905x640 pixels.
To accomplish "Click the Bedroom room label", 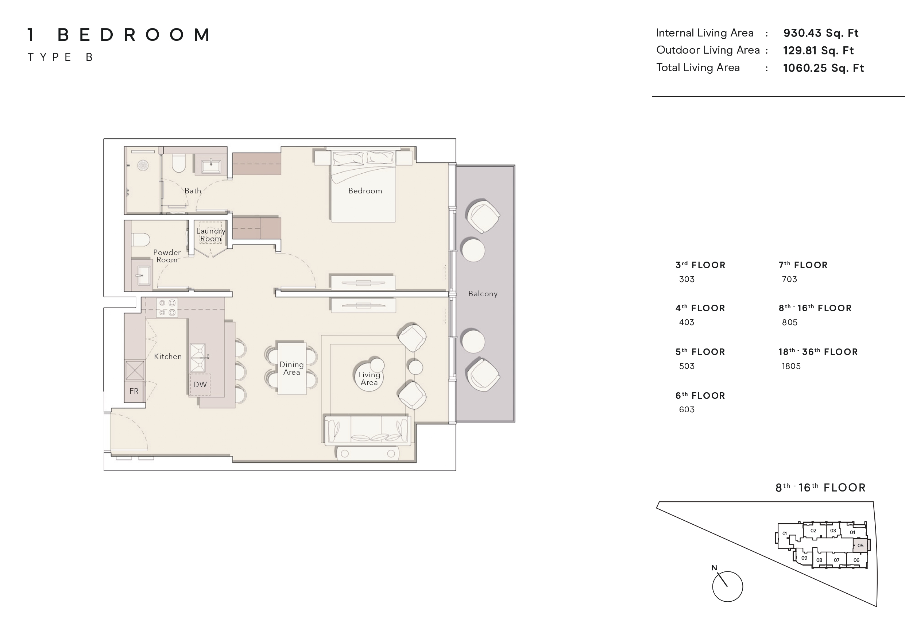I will tap(365, 191).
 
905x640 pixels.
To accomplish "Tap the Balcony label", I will tap(483, 294).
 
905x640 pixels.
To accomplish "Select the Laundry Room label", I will tap(210, 235).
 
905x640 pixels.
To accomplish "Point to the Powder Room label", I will tap(167, 256).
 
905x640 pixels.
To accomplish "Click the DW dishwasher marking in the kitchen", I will tap(200, 385).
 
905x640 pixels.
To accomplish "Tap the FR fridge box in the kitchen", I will tap(134, 391).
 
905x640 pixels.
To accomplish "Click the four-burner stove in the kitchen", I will tap(167, 308).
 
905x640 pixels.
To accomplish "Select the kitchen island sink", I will tap(198, 358).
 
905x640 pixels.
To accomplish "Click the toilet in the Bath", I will tap(179, 163).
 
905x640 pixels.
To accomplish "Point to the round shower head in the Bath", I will tap(143, 165).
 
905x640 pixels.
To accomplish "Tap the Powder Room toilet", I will tap(140, 239).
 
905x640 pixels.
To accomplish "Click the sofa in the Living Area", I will tap(367, 431).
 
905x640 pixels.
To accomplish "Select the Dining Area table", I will tap(292, 368).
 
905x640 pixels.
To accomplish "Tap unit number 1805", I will tap(791, 366).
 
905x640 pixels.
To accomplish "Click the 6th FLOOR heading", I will tap(700, 396).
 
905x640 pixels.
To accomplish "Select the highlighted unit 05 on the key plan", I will tap(860, 545).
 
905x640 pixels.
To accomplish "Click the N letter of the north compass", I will tap(714, 568).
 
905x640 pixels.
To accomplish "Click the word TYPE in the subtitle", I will tap(49, 57).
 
